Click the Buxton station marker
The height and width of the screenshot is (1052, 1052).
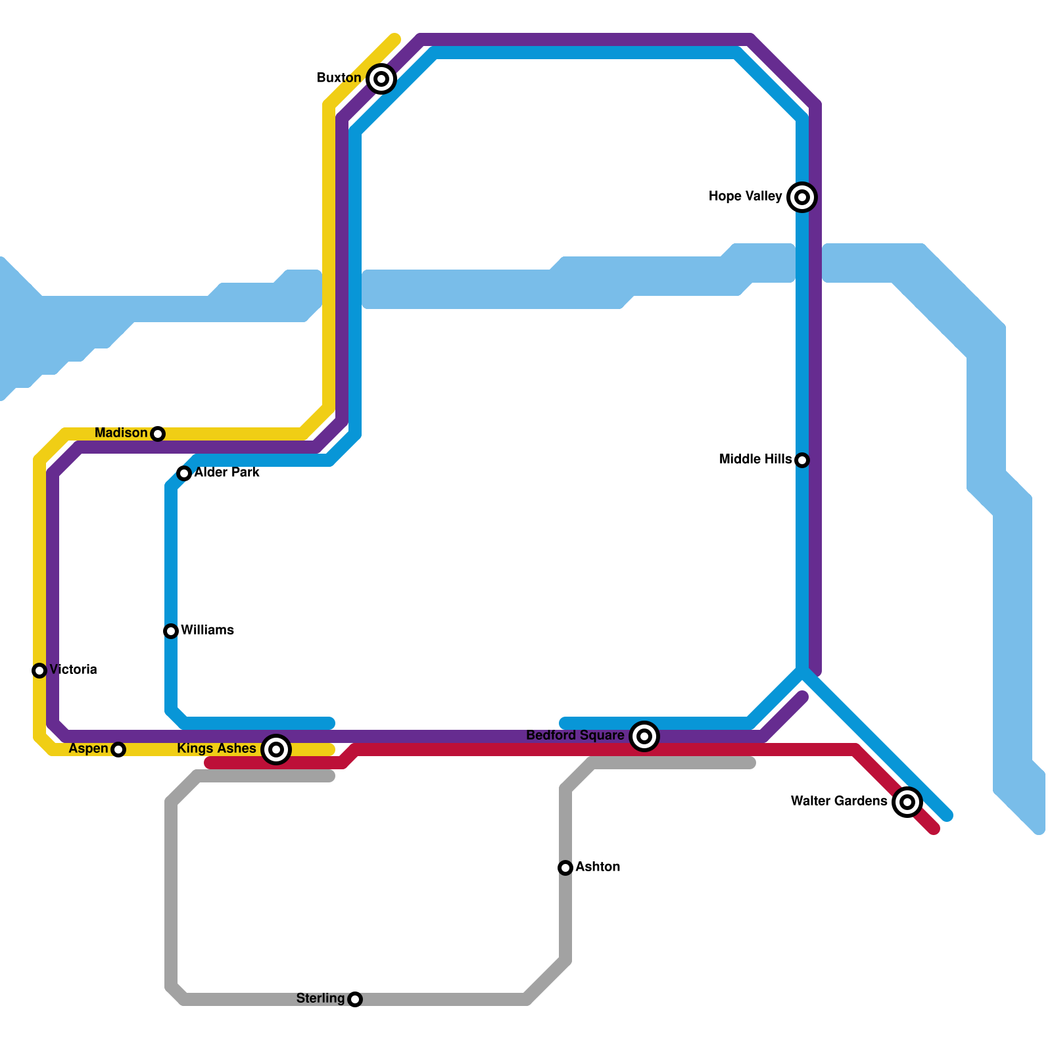coord(381,79)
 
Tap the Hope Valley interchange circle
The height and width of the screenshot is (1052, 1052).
coord(802,197)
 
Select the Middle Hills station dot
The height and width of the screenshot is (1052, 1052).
coord(802,460)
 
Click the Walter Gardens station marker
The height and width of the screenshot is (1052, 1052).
coord(907,802)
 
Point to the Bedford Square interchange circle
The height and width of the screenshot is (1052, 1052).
coord(644,736)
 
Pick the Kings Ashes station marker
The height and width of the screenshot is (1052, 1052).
coord(276,750)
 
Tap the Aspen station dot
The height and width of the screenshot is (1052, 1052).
coord(118,750)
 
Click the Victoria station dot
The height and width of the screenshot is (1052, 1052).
coord(39,671)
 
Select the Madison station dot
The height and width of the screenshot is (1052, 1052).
coord(158,434)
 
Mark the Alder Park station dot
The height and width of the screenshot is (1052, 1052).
coord(184,473)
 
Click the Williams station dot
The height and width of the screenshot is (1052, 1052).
coord(171,631)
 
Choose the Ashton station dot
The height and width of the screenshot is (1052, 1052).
coord(565,868)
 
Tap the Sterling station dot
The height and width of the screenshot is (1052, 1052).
coord(355,999)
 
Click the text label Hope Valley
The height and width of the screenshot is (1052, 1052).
coord(745,197)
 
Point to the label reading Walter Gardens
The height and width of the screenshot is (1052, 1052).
coord(838,801)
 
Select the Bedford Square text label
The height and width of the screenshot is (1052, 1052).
coord(575,736)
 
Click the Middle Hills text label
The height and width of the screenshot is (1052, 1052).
coord(755,460)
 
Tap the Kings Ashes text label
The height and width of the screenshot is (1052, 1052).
coord(216,749)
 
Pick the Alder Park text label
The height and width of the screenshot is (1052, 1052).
coord(227,473)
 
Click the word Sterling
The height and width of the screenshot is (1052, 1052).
coord(320,999)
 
